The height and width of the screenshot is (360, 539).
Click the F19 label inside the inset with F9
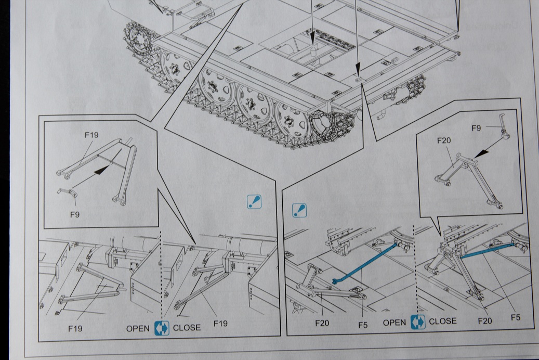[x=91, y=135]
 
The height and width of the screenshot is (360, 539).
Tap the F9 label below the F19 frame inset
[x=74, y=214]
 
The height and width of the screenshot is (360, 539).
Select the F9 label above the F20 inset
[x=476, y=128]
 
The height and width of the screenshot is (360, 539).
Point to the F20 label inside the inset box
[x=443, y=140]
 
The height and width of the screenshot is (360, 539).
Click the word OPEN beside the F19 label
[x=138, y=329]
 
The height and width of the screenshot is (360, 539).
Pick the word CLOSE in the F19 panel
[x=187, y=328]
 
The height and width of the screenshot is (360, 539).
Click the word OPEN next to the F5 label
[x=395, y=323]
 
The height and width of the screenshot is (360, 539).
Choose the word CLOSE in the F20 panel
[x=443, y=322]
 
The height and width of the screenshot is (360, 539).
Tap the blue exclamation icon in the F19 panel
[x=254, y=202]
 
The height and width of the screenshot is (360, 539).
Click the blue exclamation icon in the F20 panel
[x=299, y=210]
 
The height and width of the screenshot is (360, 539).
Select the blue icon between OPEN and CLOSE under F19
[x=162, y=328]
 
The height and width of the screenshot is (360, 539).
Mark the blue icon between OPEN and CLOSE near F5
[x=418, y=322]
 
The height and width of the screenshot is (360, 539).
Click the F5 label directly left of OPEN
[x=363, y=325]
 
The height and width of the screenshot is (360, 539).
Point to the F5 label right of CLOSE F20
[x=515, y=318]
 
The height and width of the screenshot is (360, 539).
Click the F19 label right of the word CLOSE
[x=221, y=324]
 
